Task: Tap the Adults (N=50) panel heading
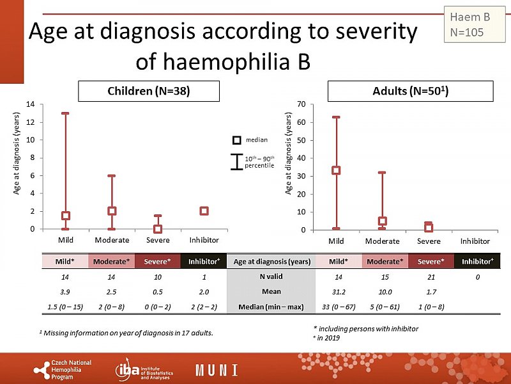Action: [410, 92]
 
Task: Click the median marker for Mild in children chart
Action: [65, 216]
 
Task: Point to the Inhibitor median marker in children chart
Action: [204, 211]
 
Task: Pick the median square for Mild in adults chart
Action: [336, 170]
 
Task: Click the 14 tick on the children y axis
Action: [30, 104]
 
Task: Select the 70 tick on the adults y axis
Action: [301, 104]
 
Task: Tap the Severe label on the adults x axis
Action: [429, 241]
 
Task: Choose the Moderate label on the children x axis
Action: [112, 240]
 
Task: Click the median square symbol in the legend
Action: [236, 140]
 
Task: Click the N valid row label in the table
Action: [271, 276]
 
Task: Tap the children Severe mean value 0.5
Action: [157, 291]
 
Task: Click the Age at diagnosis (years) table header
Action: [271, 261]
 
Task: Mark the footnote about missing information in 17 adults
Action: [126, 333]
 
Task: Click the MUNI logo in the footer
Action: [217, 370]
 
